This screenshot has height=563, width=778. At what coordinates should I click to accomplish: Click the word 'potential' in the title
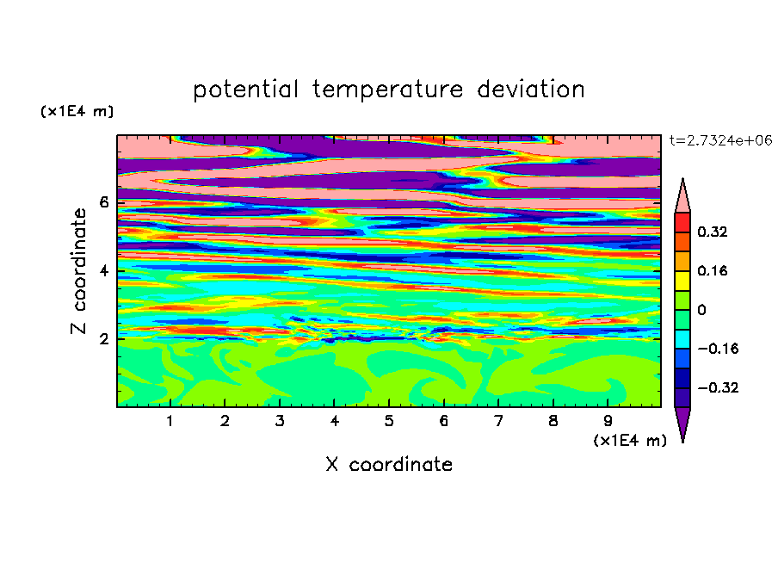tap(245, 90)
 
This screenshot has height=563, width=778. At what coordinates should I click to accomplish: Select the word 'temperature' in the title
tap(388, 90)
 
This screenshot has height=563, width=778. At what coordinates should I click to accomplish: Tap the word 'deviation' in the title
tap(531, 89)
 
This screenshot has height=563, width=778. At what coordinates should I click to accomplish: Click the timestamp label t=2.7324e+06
tap(720, 140)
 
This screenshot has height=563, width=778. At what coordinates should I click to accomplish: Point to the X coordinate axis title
tap(389, 464)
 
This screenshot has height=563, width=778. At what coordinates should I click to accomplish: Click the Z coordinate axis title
tap(78, 270)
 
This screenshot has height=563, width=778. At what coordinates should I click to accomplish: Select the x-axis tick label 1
tap(170, 421)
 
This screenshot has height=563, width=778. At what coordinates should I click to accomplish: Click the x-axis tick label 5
tap(389, 421)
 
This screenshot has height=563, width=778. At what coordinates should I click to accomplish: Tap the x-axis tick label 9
tap(608, 421)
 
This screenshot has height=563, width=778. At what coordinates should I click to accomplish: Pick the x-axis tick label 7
tap(498, 421)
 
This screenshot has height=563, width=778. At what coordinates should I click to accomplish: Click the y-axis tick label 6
tap(103, 202)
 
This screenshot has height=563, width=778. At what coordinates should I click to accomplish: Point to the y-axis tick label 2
tap(103, 339)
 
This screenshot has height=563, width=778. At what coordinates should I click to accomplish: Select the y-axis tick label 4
tap(103, 271)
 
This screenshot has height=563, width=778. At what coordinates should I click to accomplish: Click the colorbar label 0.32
tap(712, 232)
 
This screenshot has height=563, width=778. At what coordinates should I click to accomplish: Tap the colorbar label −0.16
tap(718, 349)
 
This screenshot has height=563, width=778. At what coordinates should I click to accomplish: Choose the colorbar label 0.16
tap(712, 270)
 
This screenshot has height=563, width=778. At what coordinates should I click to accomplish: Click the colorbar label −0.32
tap(718, 387)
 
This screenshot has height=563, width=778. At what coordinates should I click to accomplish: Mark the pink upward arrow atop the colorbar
tap(682, 196)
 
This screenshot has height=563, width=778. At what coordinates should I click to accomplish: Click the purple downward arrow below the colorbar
tap(682, 423)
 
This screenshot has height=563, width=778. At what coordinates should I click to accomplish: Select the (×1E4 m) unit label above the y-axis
tap(77, 111)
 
